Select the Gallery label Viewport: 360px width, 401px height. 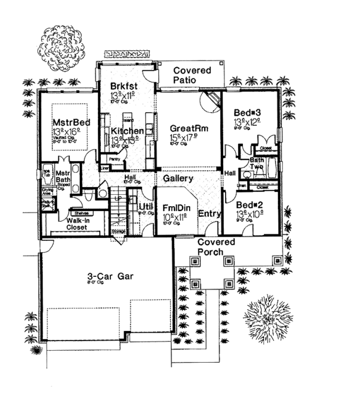pos(178,179)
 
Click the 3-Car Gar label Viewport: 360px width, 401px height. pos(109,276)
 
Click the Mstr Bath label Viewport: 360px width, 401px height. pos(63,175)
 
